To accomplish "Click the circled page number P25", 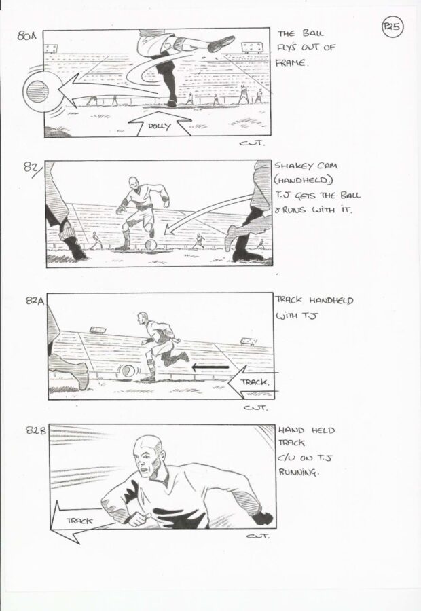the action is pos(392,27).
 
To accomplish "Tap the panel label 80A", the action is pos(26,36).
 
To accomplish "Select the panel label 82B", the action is pos(36,430).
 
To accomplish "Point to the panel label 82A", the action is pos(35,301).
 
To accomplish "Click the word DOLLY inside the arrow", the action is pos(159,126).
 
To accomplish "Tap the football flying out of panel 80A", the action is pos(38,92).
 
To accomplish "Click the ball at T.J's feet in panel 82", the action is pos(151,245).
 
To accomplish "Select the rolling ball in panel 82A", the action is pos(127,371).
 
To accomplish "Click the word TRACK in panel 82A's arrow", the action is pos(254,382).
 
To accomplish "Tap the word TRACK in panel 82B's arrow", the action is pos(79,521).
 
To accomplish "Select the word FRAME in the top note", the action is pos(291,62).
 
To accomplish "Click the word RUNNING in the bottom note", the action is pos(298,473).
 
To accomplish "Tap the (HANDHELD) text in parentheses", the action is pos(304,180).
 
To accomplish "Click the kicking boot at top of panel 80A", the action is pos(221,43).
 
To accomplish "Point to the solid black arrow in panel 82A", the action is pos(210,367).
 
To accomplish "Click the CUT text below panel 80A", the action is pos(251,143).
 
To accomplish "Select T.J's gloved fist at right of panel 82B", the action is pos(263,517).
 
